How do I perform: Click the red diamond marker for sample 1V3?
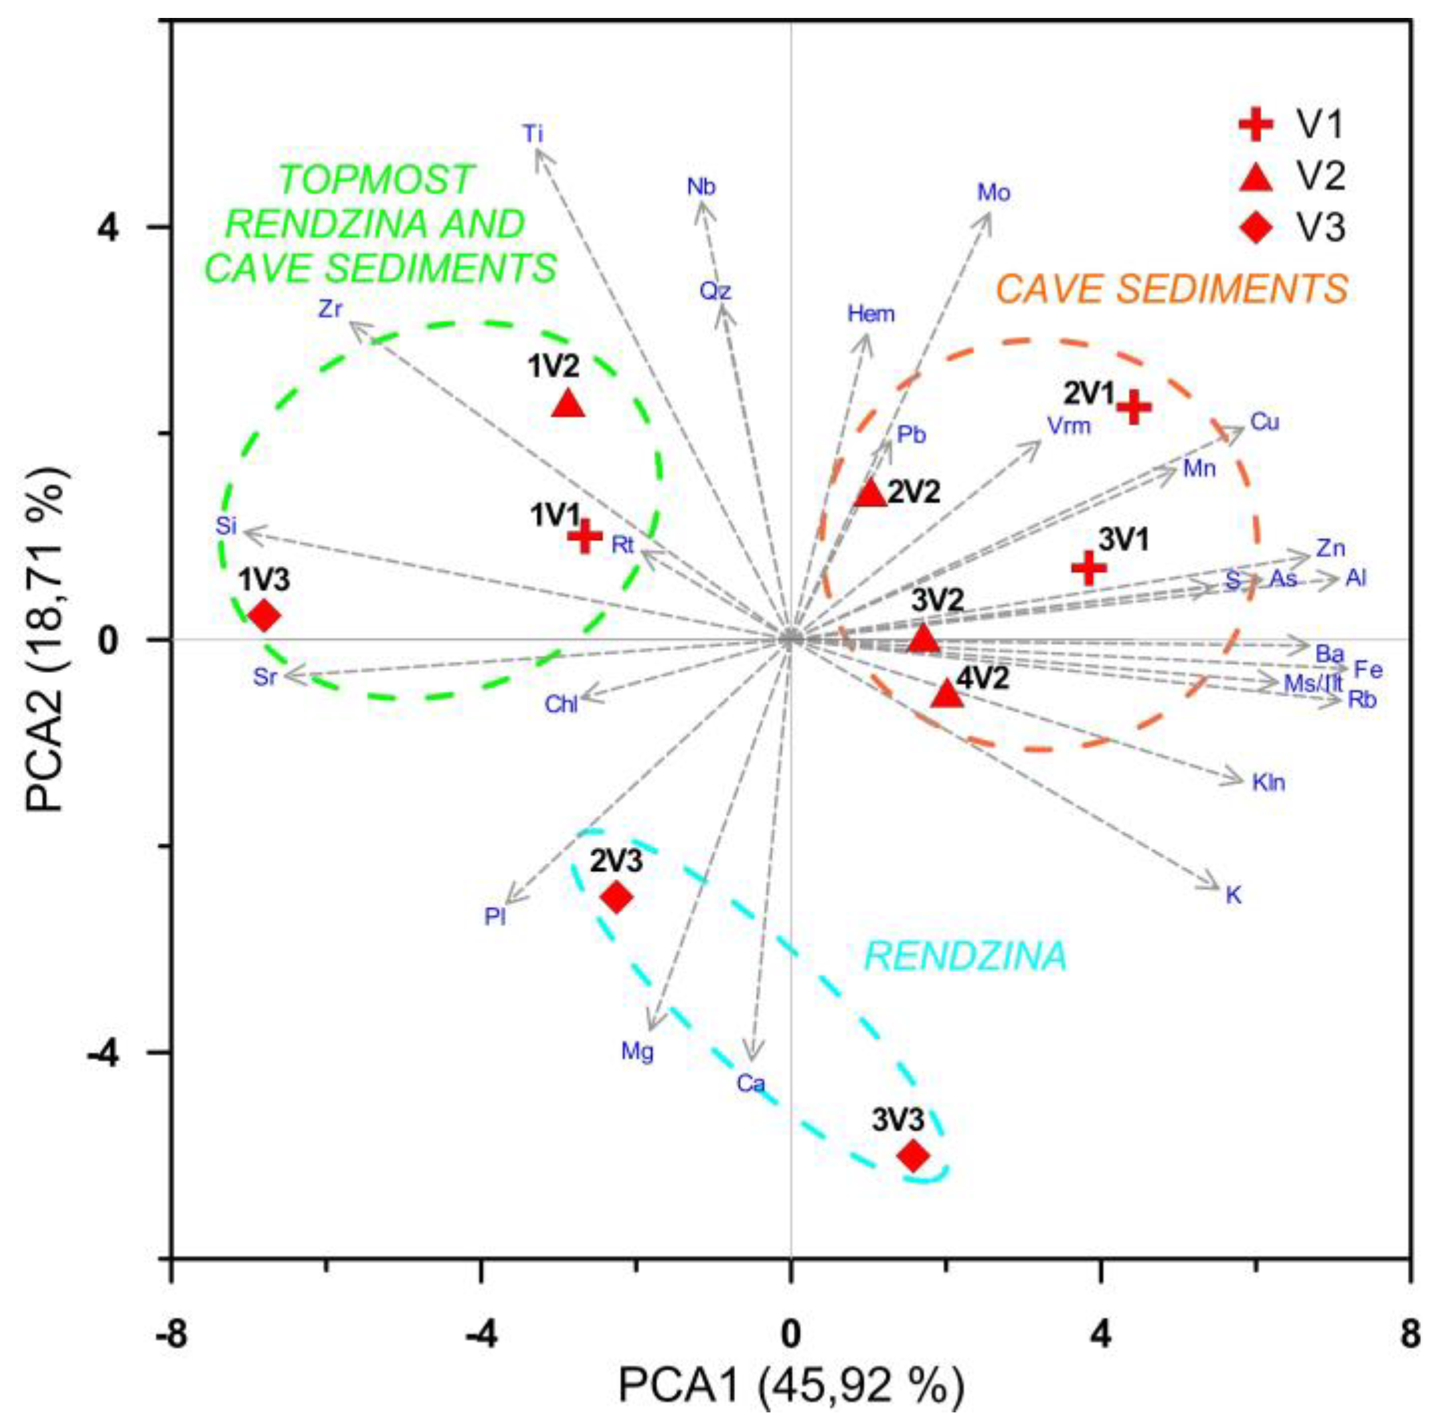(x=264, y=615)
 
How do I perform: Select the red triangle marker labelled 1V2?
(x=568, y=404)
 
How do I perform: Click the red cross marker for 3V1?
(x=1089, y=567)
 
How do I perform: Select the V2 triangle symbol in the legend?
(x=1256, y=175)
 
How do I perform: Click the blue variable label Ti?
(x=533, y=135)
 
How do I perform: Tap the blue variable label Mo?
(x=993, y=193)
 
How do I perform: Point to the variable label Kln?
(x=1268, y=783)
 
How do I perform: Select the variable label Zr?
(x=330, y=309)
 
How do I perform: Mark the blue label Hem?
(x=871, y=314)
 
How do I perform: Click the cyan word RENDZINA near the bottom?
(x=966, y=957)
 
